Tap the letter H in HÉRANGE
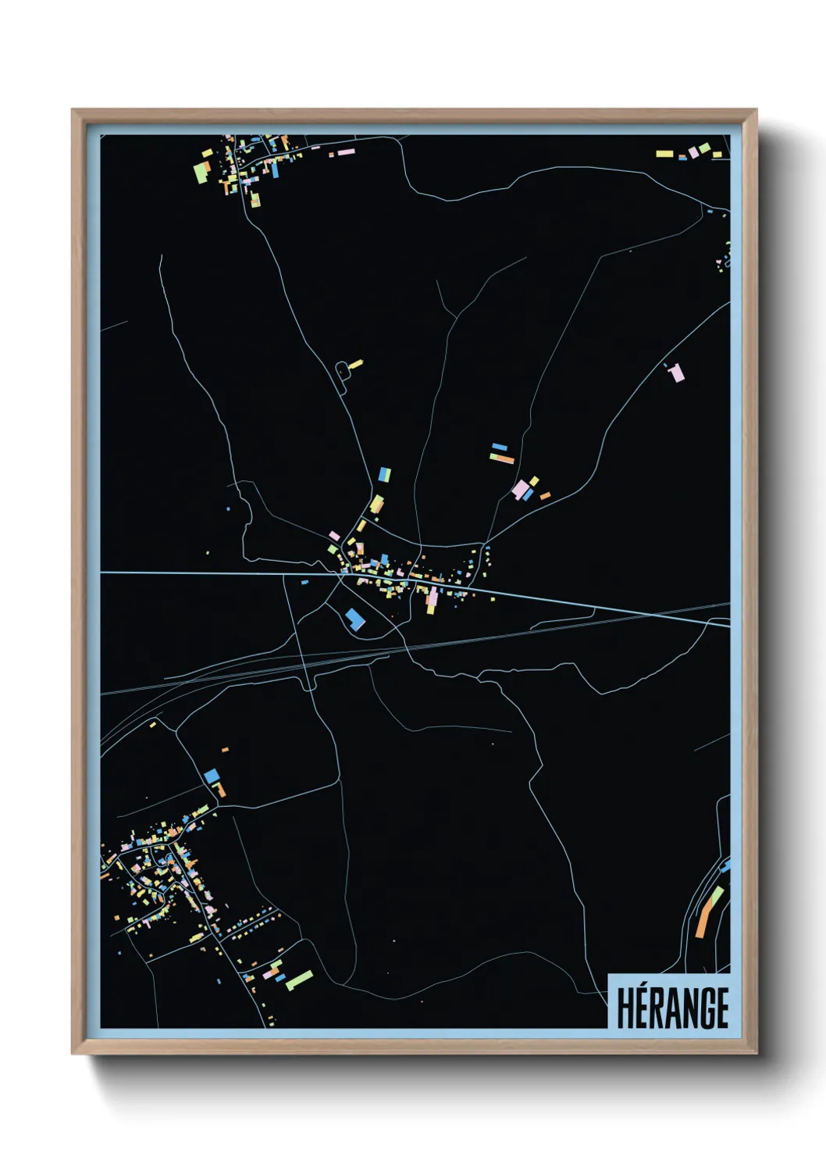[625, 1008]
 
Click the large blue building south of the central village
[354, 619]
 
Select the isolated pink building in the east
[677, 373]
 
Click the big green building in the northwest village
[201, 173]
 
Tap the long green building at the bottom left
[299, 979]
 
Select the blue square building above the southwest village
[212, 776]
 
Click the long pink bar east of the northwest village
[347, 152]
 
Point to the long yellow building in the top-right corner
[664, 153]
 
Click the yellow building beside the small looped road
[355, 363]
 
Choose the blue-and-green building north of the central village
[384, 474]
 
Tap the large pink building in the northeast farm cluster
[520, 490]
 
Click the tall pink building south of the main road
[432, 600]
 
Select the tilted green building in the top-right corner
[704, 147]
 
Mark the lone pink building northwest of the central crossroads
[334, 536]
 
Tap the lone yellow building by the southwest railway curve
[153, 725]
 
